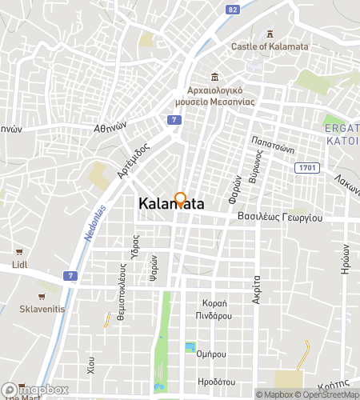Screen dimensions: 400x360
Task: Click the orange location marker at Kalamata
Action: [181, 200]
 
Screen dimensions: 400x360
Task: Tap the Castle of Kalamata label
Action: [269, 46]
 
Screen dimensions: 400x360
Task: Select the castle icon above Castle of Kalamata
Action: [270, 34]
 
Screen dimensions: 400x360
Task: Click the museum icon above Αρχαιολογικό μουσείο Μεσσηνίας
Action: [214, 77]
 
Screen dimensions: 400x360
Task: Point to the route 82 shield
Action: [232, 10]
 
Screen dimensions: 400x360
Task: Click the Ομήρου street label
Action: [213, 354]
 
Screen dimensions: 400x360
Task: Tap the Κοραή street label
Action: [217, 303]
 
